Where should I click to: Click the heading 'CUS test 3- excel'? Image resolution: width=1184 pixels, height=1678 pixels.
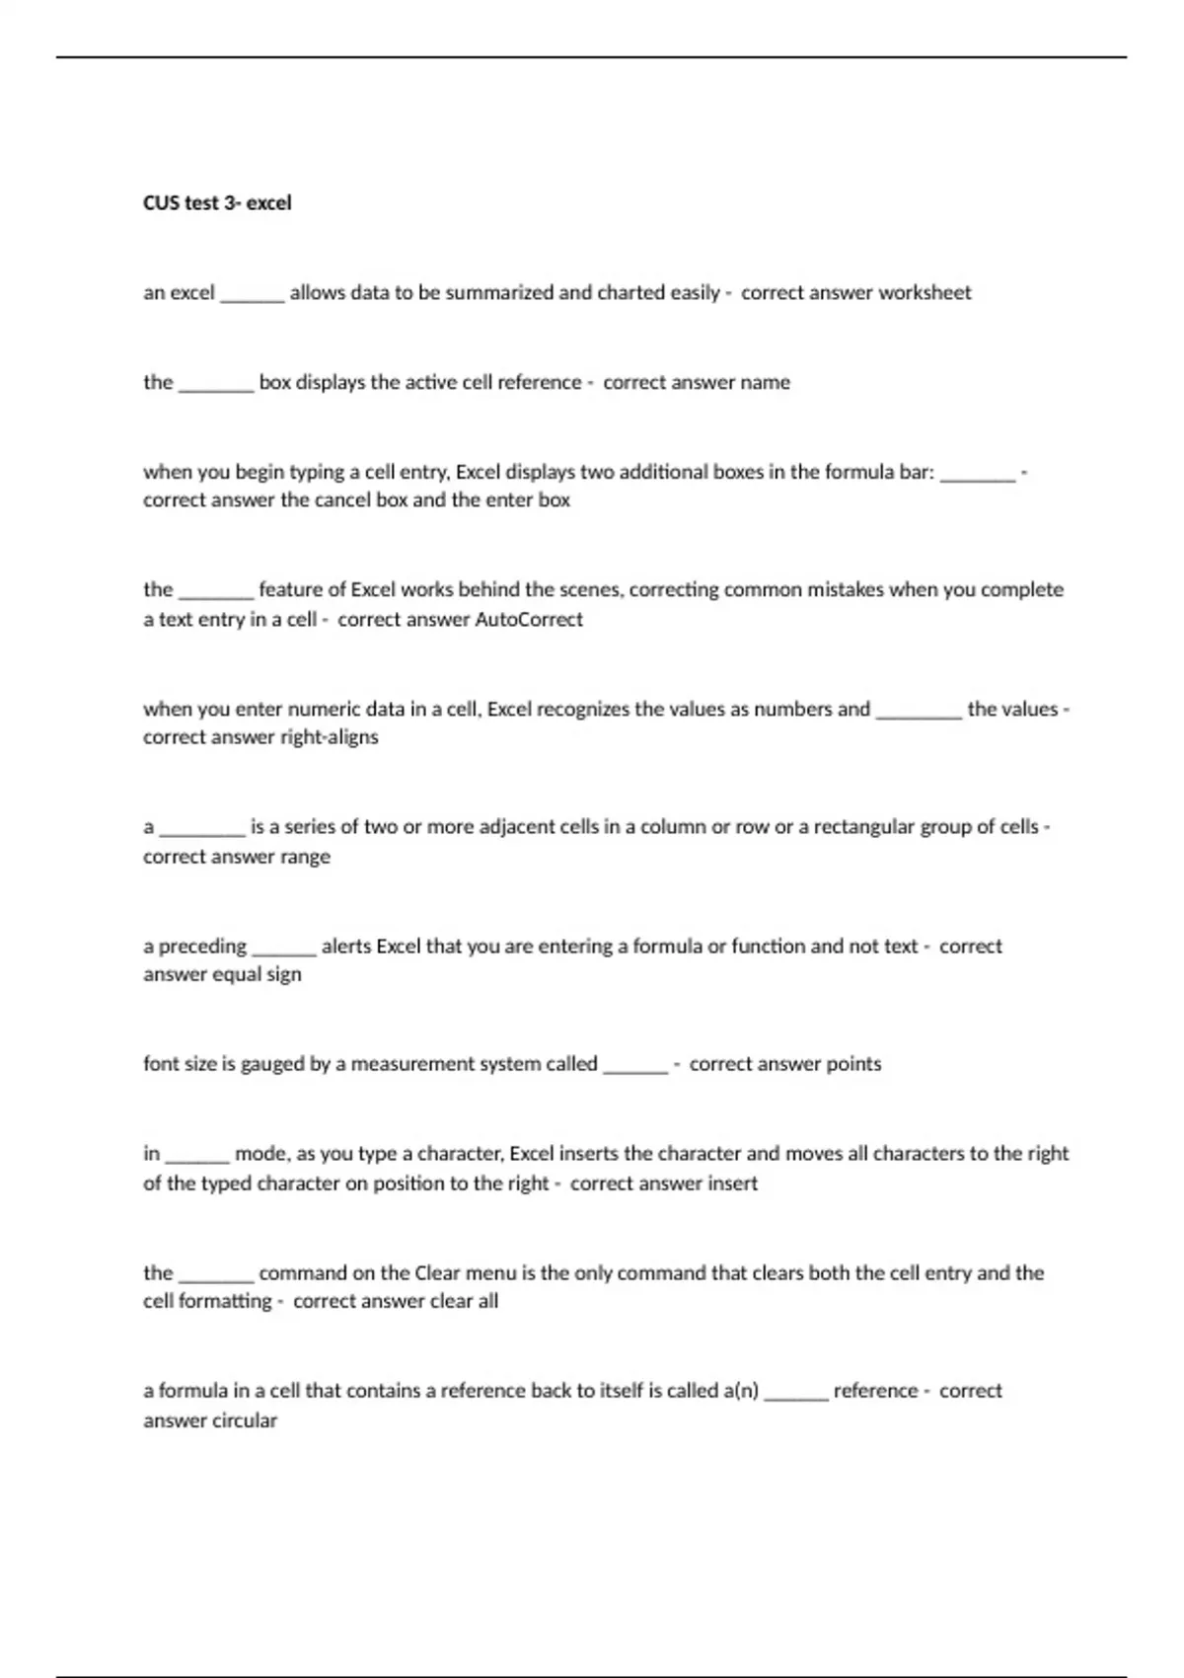click(217, 203)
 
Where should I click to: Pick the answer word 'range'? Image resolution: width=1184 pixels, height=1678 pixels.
click(305, 857)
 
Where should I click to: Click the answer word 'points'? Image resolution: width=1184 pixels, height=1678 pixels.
click(840, 1064)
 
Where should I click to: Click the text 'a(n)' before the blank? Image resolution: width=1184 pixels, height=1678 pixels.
click(741, 1391)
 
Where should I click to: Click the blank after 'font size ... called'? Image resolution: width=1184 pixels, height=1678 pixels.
click(635, 1068)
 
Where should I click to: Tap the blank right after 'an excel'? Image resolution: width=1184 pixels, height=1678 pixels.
click(253, 297)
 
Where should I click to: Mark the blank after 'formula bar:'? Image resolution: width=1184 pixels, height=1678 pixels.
click(978, 477)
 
